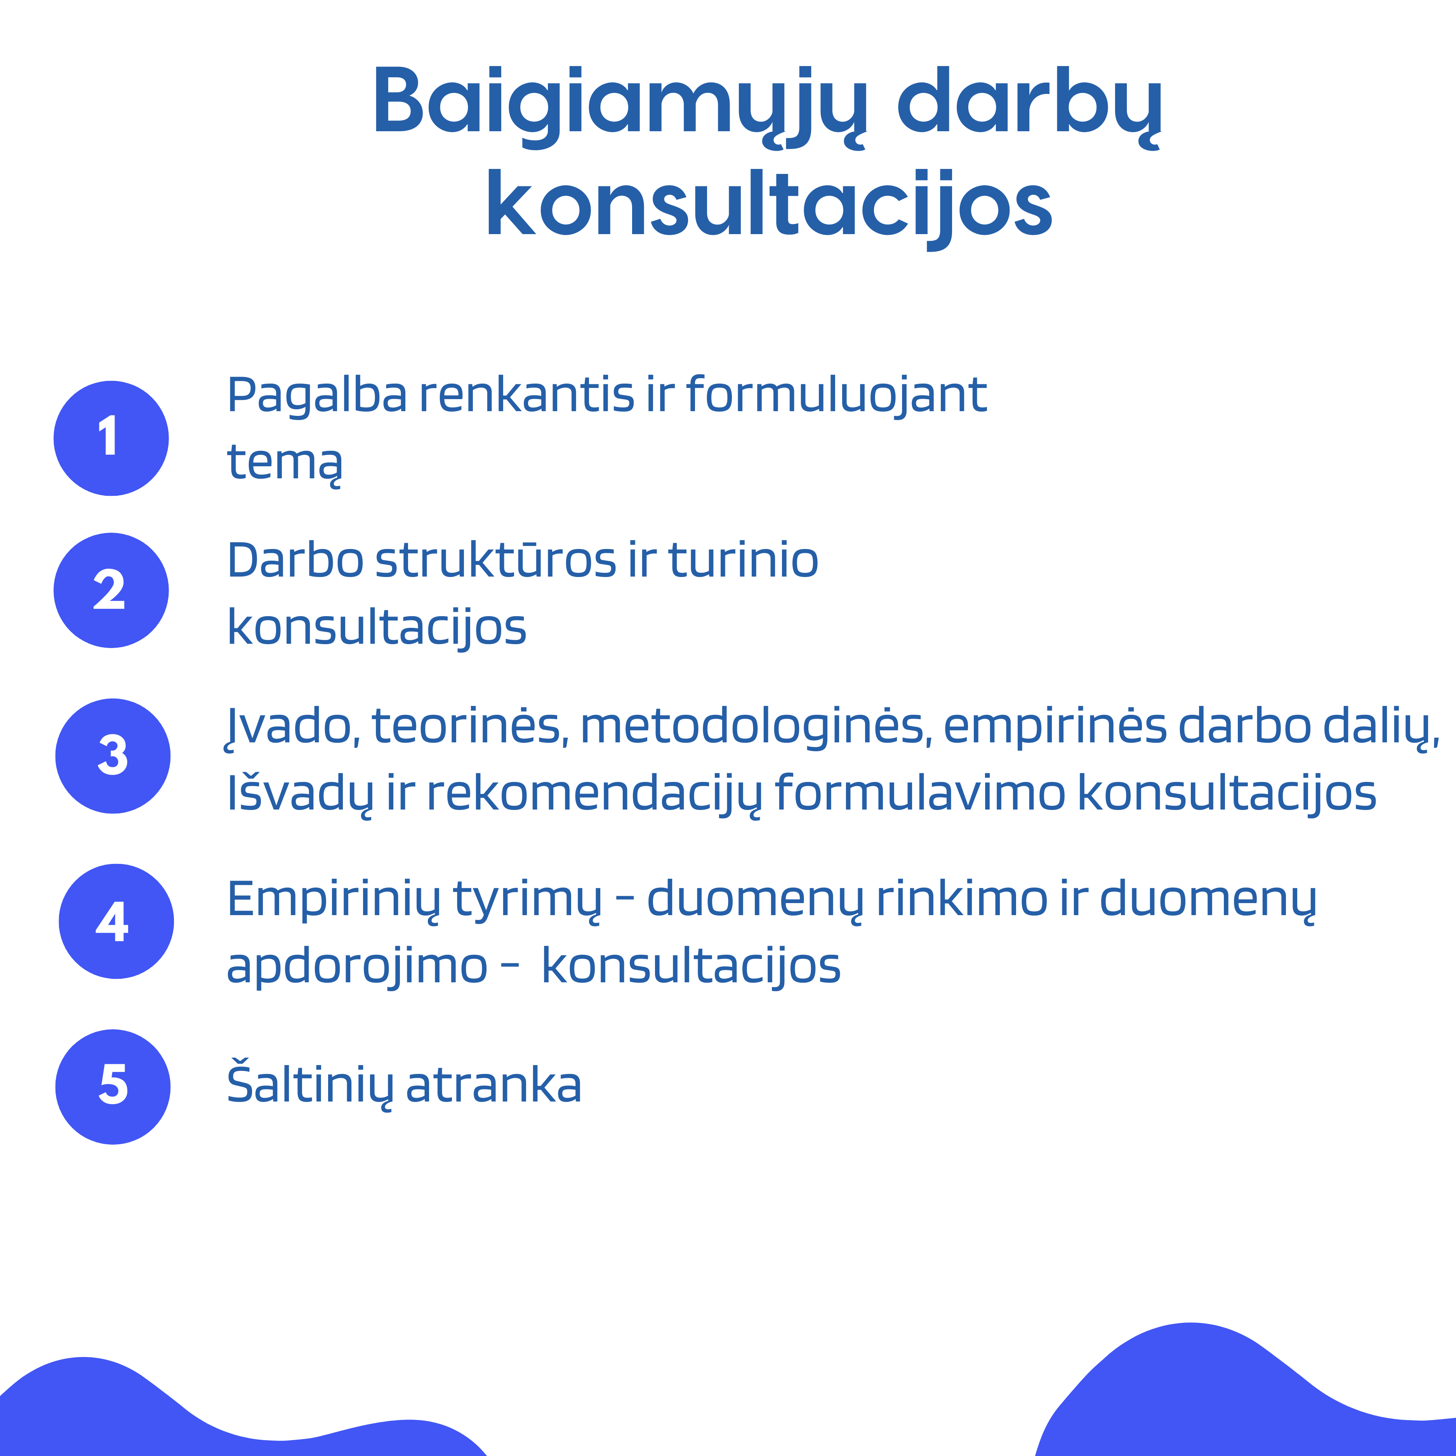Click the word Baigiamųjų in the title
coord(619,103)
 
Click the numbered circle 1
coord(111,438)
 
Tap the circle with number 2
coord(111,590)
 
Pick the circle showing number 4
coord(116,921)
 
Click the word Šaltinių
coord(309,1085)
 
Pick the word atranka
coord(493,1085)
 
